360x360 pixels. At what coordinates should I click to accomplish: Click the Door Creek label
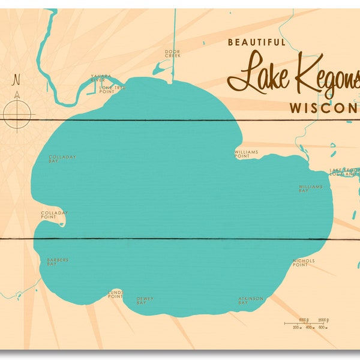172,53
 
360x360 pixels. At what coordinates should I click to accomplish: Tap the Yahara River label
98,77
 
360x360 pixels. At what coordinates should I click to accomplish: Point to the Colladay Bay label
62,158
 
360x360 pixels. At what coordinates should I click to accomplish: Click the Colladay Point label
55,214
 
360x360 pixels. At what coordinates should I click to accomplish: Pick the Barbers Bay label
58,262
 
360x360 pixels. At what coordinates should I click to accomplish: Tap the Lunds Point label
115,294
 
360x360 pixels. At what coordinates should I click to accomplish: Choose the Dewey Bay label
141,301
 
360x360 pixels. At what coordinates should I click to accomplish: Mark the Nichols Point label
304,262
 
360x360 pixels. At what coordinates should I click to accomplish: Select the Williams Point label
246,154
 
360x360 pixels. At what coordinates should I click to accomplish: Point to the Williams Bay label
311,189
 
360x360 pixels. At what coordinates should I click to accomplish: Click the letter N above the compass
17,79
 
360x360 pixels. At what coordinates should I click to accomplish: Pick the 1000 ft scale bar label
302,319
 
